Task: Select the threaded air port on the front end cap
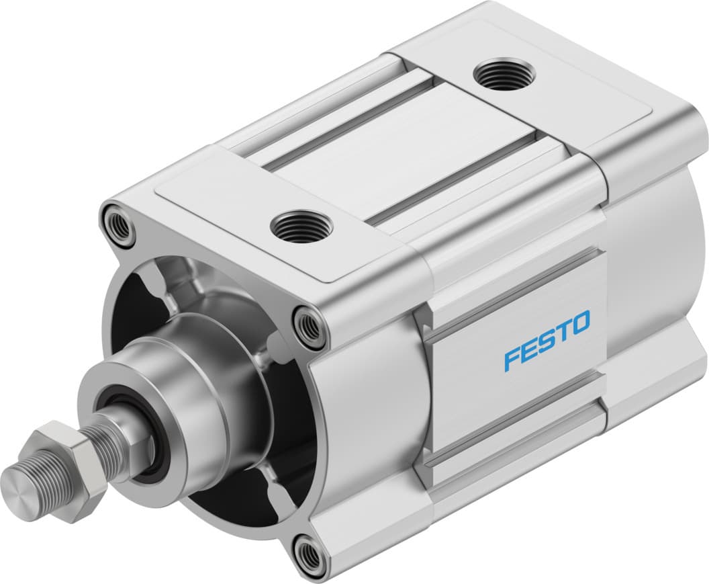301,226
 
